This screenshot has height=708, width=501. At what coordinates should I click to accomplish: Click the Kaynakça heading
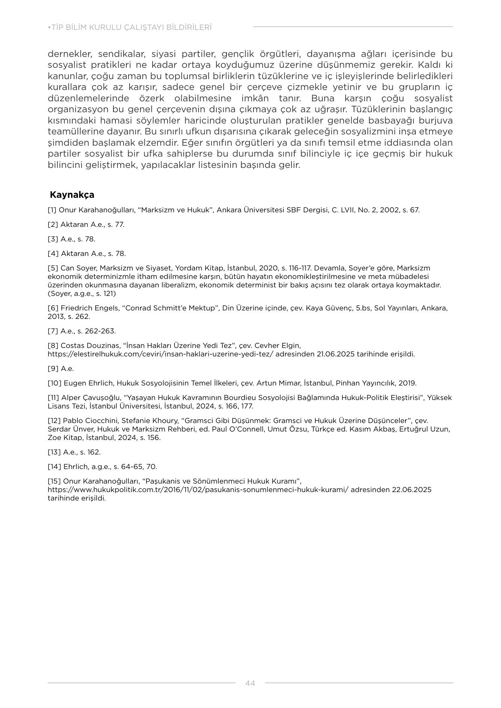[72, 195]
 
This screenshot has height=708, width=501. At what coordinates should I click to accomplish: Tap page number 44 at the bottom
[250, 683]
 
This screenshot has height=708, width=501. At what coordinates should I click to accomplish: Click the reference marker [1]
[52, 210]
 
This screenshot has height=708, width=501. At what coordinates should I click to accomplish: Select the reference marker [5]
[53, 268]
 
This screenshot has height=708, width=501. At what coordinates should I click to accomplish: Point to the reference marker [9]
[53, 369]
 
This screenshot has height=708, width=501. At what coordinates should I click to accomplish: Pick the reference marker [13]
[54, 452]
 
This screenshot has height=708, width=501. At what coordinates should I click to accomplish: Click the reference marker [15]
[54, 481]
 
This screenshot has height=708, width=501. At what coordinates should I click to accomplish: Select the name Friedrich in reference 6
[77, 308]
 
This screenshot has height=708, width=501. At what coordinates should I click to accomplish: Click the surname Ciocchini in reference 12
[103, 420]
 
